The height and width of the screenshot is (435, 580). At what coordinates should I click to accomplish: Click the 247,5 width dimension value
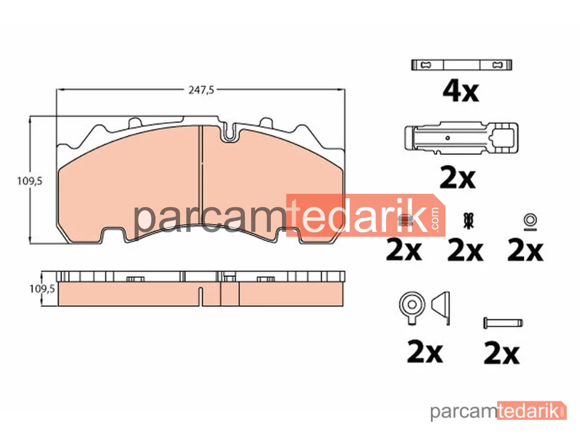[x=201, y=90]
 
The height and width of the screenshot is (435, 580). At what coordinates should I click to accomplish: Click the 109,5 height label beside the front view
[x=30, y=181]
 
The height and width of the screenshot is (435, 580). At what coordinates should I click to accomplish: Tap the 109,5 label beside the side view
[x=42, y=288]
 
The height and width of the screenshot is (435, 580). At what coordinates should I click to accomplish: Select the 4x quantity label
[x=461, y=92]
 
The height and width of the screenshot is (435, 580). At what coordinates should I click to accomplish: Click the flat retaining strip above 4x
[x=462, y=65]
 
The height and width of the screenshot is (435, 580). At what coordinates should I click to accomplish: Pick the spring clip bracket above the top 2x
[x=461, y=137]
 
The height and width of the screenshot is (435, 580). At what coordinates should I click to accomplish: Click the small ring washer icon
[x=531, y=221]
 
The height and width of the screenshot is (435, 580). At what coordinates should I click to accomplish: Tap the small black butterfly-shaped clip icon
[x=469, y=220]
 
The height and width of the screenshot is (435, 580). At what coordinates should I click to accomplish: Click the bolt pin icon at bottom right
[x=503, y=322]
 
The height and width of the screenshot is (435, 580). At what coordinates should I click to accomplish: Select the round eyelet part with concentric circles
[x=412, y=307]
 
